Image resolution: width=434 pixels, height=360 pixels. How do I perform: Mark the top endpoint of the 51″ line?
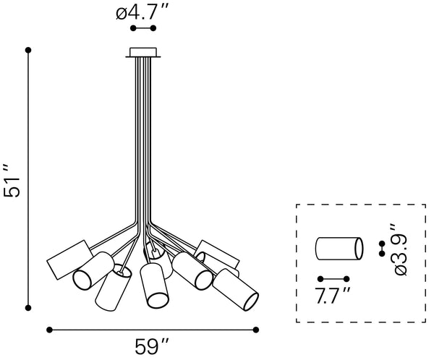(28, 50)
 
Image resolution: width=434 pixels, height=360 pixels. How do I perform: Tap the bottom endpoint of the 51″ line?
(28, 307)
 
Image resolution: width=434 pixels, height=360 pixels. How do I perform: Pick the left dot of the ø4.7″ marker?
(132, 28)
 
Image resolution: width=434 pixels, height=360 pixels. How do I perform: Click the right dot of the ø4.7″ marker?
(154, 28)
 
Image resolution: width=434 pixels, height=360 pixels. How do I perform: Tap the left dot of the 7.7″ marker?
(319, 279)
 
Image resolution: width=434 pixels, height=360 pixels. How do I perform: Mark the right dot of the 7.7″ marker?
(346, 279)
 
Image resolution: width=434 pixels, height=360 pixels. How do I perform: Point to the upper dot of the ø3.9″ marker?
(382, 244)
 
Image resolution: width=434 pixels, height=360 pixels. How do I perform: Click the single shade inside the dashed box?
(338, 249)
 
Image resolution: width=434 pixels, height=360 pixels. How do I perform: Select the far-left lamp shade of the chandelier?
(67, 260)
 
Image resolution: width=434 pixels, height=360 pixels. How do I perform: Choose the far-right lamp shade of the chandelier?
(237, 289)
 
